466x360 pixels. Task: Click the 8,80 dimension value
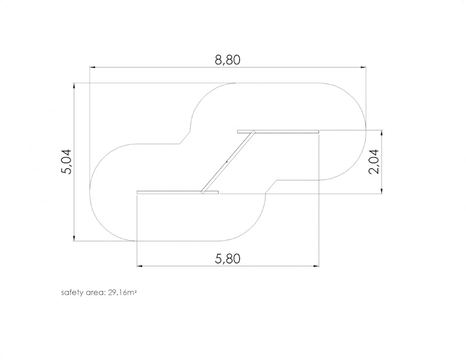pos(227,60)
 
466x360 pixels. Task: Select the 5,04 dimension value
pos(66,161)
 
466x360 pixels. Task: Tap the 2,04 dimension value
pos(373,161)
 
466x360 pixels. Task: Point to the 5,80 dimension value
pos(227,259)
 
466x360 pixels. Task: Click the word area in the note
pos(96,293)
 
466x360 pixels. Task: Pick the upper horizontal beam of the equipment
pos(278,132)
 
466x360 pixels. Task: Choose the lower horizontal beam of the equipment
pos(178,192)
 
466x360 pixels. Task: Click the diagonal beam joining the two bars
pos(228,162)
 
